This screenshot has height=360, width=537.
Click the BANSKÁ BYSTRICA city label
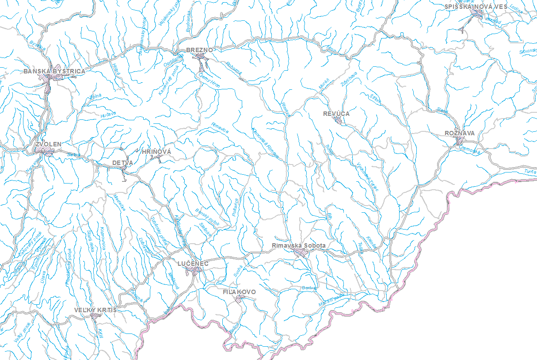pos(54,71)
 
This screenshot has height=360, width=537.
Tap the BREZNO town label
pos(200,50)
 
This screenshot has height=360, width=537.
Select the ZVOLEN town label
pos(49,145)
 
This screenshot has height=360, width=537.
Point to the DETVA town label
pos(122,163)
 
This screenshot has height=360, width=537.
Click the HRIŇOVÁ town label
pos(156,152)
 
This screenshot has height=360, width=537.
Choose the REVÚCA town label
pos(336,114)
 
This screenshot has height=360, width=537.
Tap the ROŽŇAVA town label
pos(460,133)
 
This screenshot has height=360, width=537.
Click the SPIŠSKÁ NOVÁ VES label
pos(476,7)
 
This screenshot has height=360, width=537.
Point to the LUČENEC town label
pos(193,264)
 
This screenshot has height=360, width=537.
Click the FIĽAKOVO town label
pos(239,292)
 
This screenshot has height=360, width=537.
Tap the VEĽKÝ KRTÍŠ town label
pos(96,310)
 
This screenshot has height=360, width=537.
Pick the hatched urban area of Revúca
pos(338,120)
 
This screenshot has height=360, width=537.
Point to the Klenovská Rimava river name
pos(265,143)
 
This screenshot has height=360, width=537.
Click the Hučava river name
pos(108,114)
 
